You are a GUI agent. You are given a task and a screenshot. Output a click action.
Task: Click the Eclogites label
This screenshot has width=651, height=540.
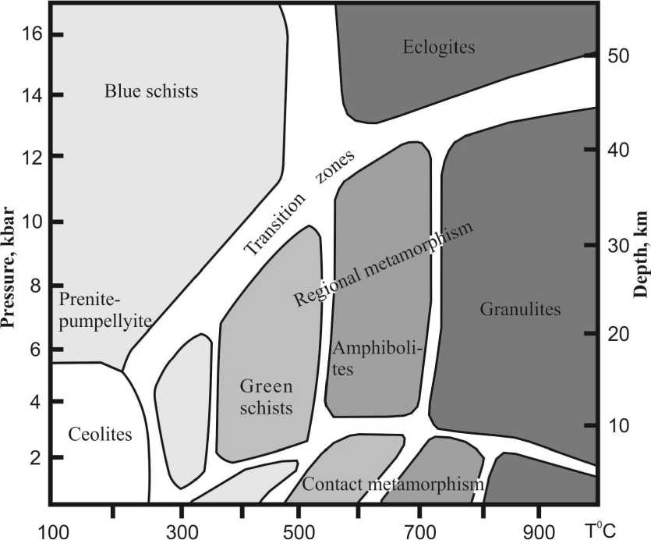439,48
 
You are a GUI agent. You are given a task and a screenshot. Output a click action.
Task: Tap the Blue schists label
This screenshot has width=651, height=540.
151,91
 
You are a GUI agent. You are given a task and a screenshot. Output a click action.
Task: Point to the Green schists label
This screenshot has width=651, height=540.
266,396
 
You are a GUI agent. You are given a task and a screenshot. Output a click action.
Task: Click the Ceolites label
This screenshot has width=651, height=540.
101,434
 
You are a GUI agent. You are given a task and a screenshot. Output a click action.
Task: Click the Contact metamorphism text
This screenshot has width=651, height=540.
393,486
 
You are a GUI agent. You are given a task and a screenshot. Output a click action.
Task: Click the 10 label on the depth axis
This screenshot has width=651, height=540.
621,425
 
